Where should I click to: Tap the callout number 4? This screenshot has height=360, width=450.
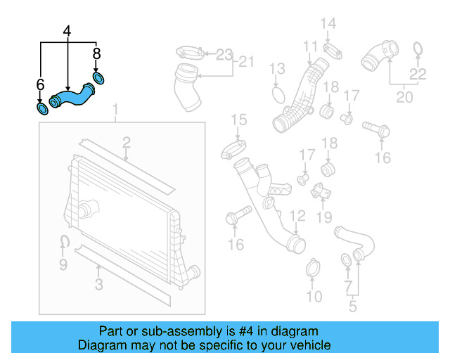click(67, 31)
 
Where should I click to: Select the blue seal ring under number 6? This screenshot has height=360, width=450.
click(42, 109)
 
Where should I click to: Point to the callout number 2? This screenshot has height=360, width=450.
click(127, 143)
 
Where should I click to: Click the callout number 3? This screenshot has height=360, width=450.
click(99, 285)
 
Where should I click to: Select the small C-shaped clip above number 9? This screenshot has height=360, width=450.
click(63, 243)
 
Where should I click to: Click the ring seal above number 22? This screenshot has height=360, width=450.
click(418, 48)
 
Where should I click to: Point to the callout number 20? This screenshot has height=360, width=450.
click(404, 97)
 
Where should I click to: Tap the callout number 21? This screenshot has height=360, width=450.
click(244, 63)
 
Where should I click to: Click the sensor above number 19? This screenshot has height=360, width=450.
click(323, 191)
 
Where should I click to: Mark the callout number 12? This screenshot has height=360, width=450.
click(298, 216)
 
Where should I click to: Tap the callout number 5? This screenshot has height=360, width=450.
click(352, 306)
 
